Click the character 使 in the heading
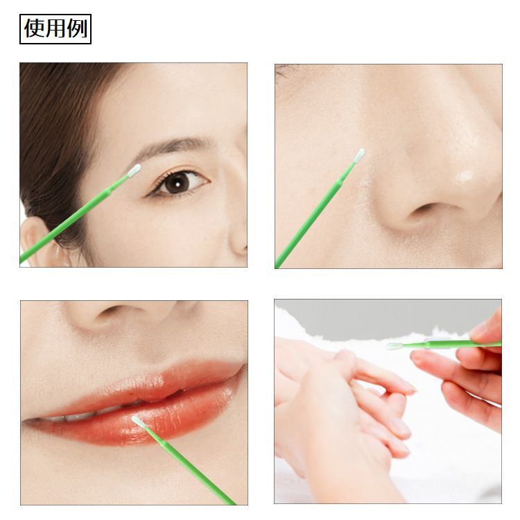pos(34,28)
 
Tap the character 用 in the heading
pos(55,28)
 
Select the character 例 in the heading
pos(77,28)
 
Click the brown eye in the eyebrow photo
pos(177,183)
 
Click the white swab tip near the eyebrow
pos(135,170)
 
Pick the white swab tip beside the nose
pos(359,155)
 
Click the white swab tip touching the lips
pos(138,421)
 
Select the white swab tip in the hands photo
pos(394,346)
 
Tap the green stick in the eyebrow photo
pos(73,219)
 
